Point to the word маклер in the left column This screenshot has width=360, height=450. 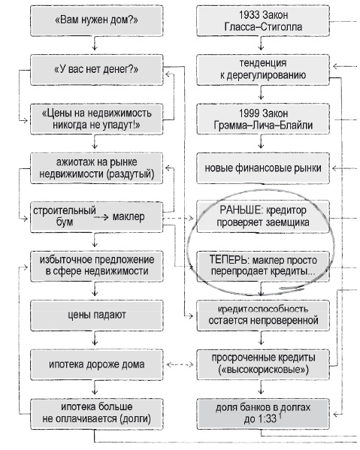(x=128, y=217)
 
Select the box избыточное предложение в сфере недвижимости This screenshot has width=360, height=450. (x=93, y=264)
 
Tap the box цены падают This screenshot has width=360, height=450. (x=93, y=315)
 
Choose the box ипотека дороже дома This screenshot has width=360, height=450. (x=93, y=365)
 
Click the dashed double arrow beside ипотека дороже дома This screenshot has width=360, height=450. (x=178, y=365)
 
